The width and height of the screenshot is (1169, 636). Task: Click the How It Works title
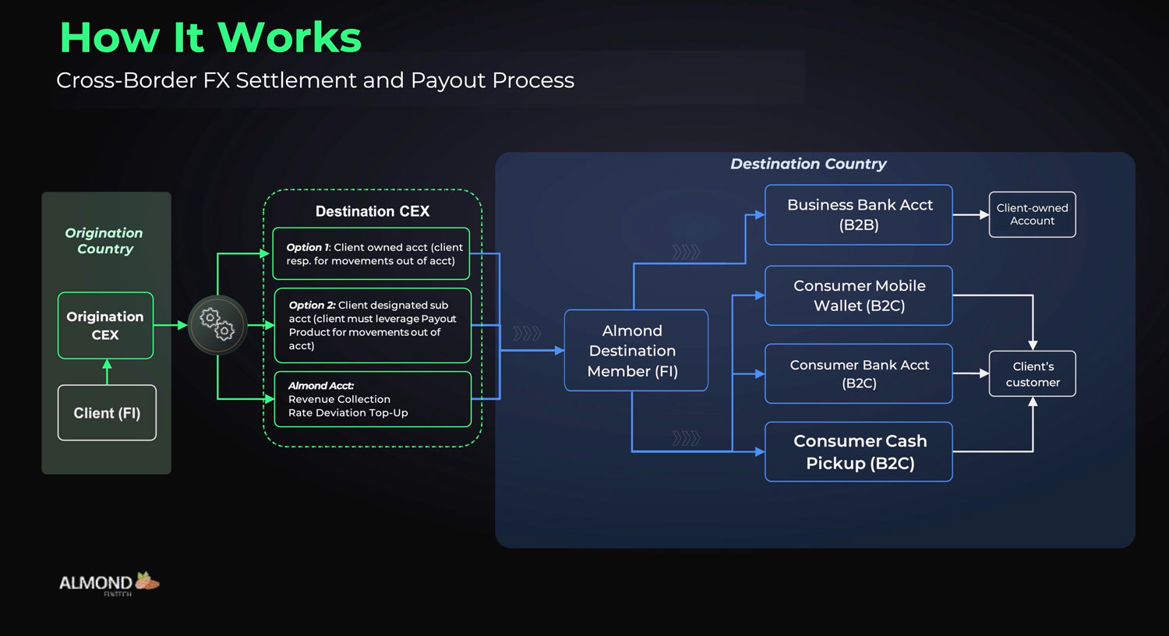210,37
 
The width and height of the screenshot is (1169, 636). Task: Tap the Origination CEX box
105,326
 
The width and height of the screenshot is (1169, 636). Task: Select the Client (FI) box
107,413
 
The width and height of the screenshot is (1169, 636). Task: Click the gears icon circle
217,325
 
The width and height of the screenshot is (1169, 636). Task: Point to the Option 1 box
371,254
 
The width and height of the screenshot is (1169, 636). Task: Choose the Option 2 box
373,326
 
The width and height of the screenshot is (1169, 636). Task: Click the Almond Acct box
373,399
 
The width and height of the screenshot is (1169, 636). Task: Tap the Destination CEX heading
373,211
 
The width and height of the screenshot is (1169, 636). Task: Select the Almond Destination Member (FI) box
635,351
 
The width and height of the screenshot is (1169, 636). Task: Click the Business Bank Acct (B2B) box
859,215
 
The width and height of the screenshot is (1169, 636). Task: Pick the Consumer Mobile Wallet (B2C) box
859,296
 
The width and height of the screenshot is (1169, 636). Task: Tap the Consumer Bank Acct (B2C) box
859,374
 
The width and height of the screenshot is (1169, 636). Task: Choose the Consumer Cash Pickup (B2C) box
859,452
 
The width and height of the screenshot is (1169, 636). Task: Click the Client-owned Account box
1032,214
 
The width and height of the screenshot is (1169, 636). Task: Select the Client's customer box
1032,374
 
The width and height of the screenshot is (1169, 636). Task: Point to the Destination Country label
808,164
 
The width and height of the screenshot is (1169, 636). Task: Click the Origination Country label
104,241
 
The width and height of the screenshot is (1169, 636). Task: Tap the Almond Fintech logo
109,584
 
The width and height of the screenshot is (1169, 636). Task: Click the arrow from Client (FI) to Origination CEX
107,372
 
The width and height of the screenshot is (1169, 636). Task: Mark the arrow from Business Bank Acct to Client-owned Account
970,215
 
